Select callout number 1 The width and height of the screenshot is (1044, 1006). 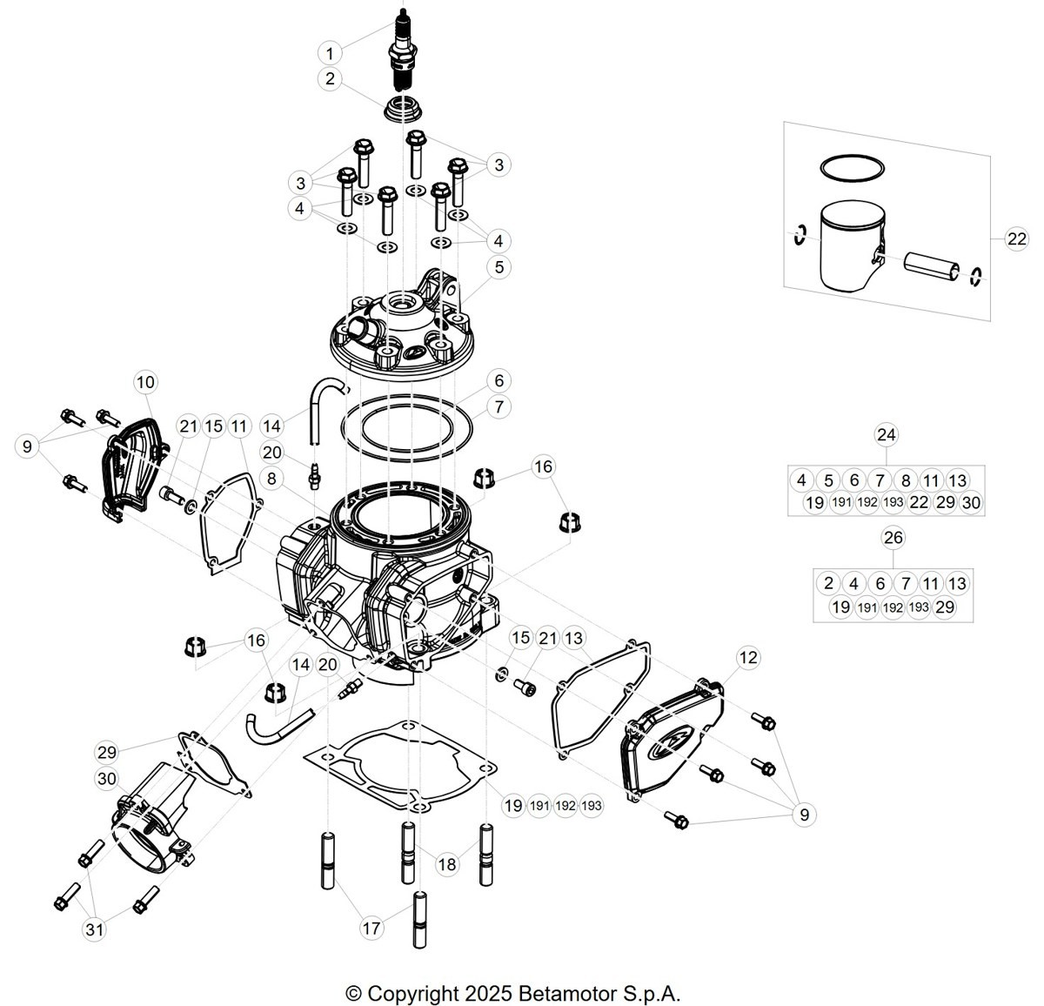pyautogui.click(x=330, y=53)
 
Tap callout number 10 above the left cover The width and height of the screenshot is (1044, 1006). pyautogui.click(x=145, y=382)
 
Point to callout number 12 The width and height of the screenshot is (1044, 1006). pyautogui.click(x=748, y=657)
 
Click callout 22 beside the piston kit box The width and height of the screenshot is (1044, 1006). pyautogui.click(x=1017, y=238)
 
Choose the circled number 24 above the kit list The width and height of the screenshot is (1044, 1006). pyautogui.click(x=887, y=434)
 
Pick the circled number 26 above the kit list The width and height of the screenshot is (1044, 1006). pyautogui.click(x=893, y=537)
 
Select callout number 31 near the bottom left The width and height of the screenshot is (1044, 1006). pyautogui.click(x=95, y=929)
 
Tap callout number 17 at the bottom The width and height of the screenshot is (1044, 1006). pyautogui.click(x=371, y=929)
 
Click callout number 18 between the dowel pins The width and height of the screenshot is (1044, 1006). pyautogui.click(x=447, y=864)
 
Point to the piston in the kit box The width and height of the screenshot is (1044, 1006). pyautogui.click(x=852, y=246)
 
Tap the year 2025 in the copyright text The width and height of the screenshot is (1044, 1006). pyautogui.click(x=488, y=993)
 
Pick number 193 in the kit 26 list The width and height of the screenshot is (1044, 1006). pyautogui.click(x=919, y=607)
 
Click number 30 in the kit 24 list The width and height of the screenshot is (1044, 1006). pyautogui.click(x=971, y=503)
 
